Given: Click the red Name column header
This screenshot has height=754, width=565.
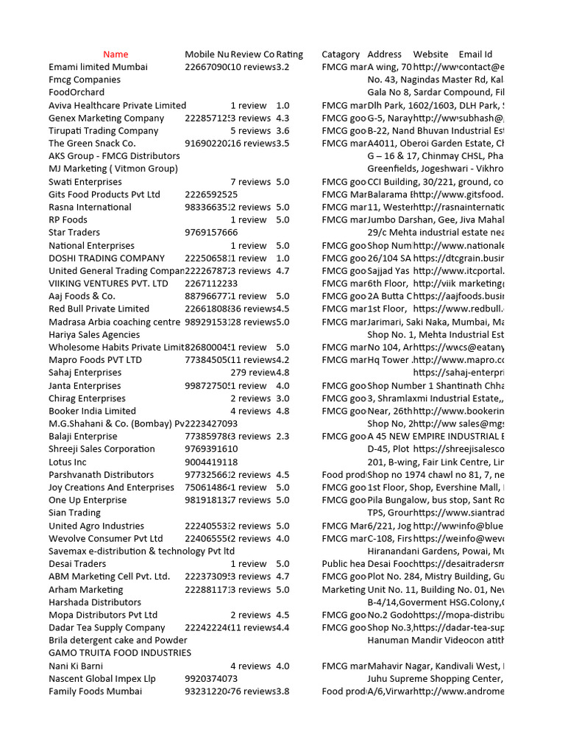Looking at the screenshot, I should pos(116,54).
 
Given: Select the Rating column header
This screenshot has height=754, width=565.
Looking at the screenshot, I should pos(290,54).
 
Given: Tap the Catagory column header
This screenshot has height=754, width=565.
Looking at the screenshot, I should pos(341,54).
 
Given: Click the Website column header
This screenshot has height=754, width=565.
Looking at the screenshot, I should pos(430,54).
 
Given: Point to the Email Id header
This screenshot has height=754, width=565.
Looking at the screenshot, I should pos(475,54).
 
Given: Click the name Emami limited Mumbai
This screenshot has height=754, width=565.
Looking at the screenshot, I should pos(98,67).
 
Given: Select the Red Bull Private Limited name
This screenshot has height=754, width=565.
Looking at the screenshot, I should pos(99,309).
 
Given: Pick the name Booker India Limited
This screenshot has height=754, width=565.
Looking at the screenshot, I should pos(92,411).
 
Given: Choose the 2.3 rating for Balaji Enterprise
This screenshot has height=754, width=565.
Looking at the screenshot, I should pos(283,437).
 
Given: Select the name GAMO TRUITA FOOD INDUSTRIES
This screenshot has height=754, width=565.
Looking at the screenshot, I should pos(120,653).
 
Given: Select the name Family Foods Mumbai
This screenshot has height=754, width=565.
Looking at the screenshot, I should pos(93,691).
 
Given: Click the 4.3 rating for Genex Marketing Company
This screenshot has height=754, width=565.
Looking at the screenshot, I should pos(283,118).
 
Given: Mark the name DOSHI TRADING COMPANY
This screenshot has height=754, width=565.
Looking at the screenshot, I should pos(107,258).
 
